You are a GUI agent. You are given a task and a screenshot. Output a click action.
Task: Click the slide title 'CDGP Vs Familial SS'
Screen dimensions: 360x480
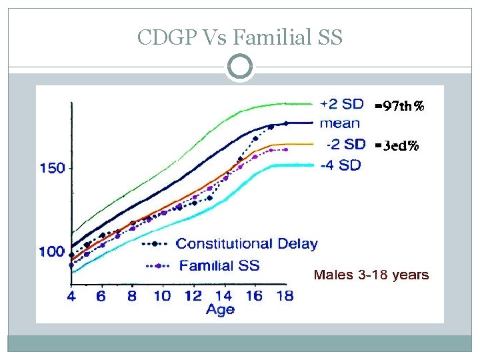pyautogui.click(x=239, y=37)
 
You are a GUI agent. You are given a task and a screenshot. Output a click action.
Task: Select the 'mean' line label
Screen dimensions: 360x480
pyautogui.click(x=339, y=123)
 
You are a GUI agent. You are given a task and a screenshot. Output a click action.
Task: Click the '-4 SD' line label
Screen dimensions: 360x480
pyautogui.click(x=341, y=165)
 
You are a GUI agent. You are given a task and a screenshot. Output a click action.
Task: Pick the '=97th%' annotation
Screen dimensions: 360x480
pyautogui.click(x=399, y=105)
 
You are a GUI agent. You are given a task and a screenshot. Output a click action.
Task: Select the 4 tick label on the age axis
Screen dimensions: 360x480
pyautogui.click(x=71, y=297)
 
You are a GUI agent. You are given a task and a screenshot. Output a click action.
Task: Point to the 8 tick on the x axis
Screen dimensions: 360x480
pyautogui.click(x=132, y=297)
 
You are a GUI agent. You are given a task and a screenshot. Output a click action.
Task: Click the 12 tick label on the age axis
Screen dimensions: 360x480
pyautogui.click(x=193, y=297)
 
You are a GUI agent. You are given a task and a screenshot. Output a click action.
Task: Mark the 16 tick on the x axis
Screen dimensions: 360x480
pyautogui.click(x=253, y=297)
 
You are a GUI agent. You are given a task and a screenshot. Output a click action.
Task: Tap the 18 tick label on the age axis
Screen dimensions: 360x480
pyautogui.click(x=284, y=297)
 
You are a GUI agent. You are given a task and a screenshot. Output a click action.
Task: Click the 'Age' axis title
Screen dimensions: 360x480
pyautogui.click(x=219, y=310)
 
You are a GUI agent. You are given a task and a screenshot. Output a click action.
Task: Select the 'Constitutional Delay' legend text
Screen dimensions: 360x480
pyautogui.click(x=247, y=243)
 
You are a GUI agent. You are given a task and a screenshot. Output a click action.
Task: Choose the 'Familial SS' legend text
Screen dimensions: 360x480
pyautogui.click(x=219, y=265)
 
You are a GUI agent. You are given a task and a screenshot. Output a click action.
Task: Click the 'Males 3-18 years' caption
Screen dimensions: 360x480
pyautogui.click(x=371, y=275)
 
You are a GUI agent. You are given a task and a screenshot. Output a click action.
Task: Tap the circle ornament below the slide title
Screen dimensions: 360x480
pyautogui.click(x=240, y=67)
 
